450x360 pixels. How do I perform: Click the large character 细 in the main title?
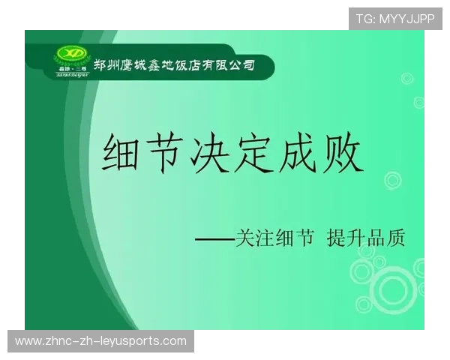(x=124, y=156)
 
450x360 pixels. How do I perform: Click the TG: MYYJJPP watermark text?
(x=395, y=18)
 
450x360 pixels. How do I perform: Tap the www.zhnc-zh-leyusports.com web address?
(x=101, y=341)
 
